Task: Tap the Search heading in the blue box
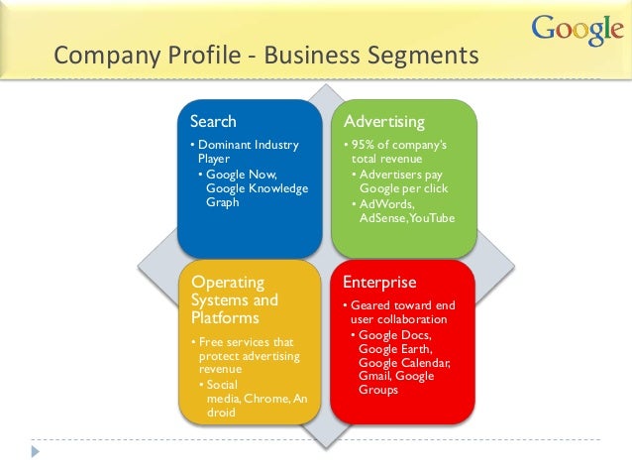pyautogui.click(x=213, y=122)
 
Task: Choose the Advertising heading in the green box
pyautogui.click(x=383, y=122)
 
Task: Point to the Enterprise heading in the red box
pyautogui.click(x=380, y=282)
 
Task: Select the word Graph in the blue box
pyautogui.click(x=222, y=202)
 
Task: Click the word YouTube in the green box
pyautogui.click(x=432, y=217)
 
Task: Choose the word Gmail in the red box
pyautogui.click(x=375, y=376)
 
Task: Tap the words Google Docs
pyautogui.click(x=393, y=335)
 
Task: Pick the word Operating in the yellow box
pyautogui.click(x=227, y=283)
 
